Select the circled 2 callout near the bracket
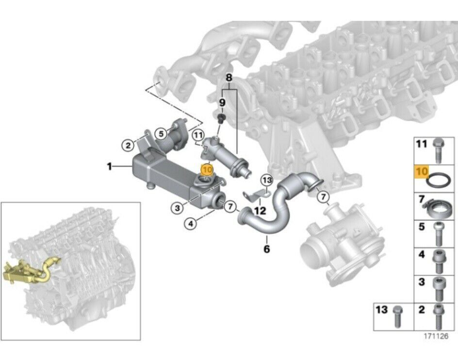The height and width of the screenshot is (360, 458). point(127,144)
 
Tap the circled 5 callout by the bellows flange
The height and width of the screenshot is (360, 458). point(161,131)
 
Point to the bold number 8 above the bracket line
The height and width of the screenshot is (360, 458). point(229,78)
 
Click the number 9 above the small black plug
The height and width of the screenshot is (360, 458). point(222,102)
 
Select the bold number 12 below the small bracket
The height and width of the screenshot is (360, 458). point(260,211)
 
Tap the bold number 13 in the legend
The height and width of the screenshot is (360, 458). point(382,309)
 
